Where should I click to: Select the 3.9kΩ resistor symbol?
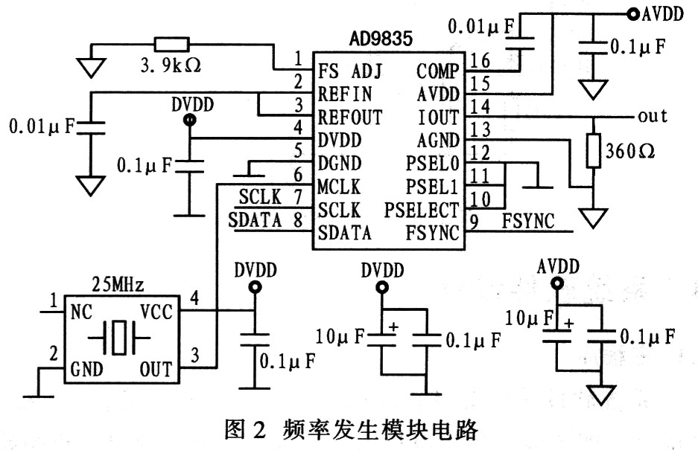171,44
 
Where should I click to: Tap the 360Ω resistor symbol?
594,151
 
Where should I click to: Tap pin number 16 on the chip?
481,60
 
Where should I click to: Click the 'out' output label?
653,117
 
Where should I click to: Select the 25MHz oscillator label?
117,284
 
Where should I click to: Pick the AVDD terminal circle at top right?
632,13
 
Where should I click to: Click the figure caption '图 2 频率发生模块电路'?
349,429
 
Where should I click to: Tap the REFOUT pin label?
349,118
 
